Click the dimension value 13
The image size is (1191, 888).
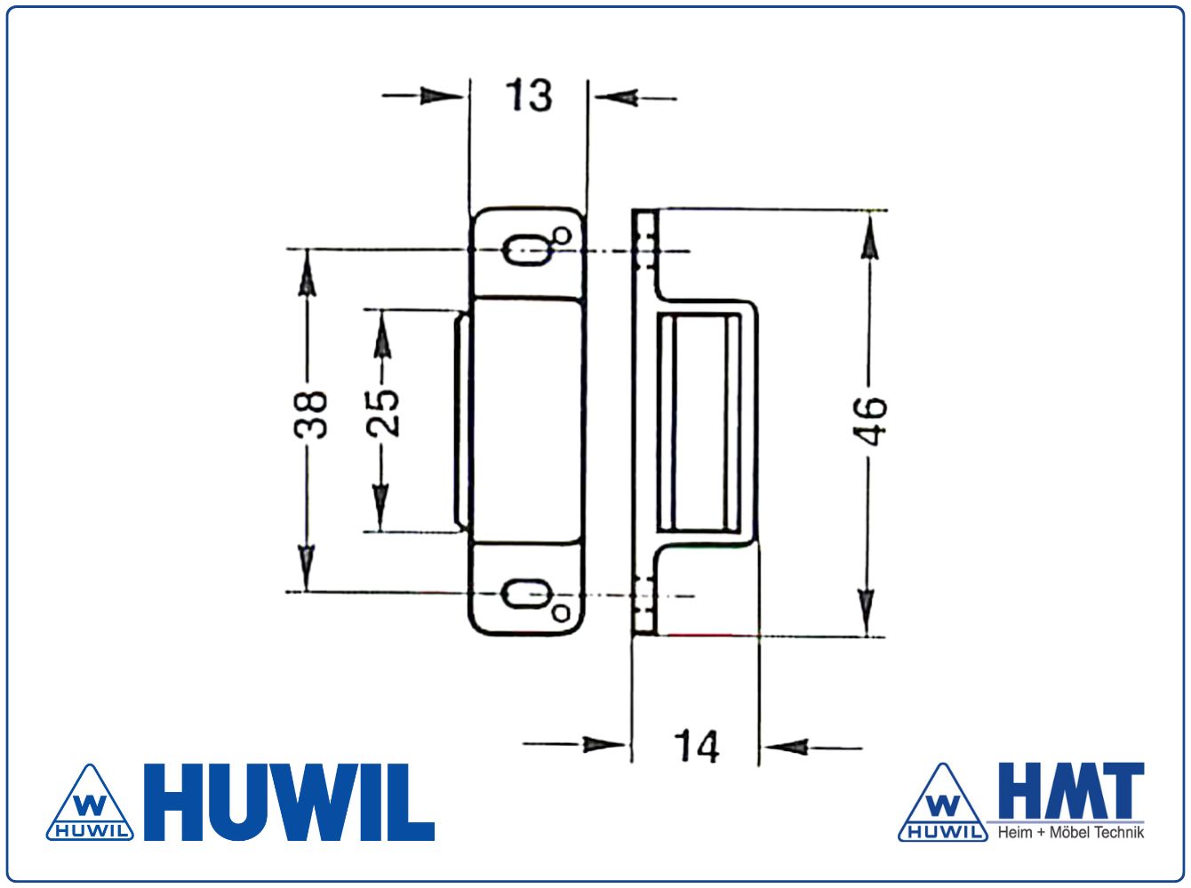click(529, 96)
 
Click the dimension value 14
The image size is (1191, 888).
click(696, 747)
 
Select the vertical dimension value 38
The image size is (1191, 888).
click(311, 414)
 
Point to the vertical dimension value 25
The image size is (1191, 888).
click(382, 413)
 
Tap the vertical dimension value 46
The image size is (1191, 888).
click(870, 421)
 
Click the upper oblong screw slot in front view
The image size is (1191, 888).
click(526, 251)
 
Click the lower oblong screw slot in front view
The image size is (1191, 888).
click(526, 595)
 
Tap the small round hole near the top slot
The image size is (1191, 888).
click(562, 236)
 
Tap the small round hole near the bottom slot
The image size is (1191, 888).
click(561, 613)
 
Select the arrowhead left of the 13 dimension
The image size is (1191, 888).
click(442, 96)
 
